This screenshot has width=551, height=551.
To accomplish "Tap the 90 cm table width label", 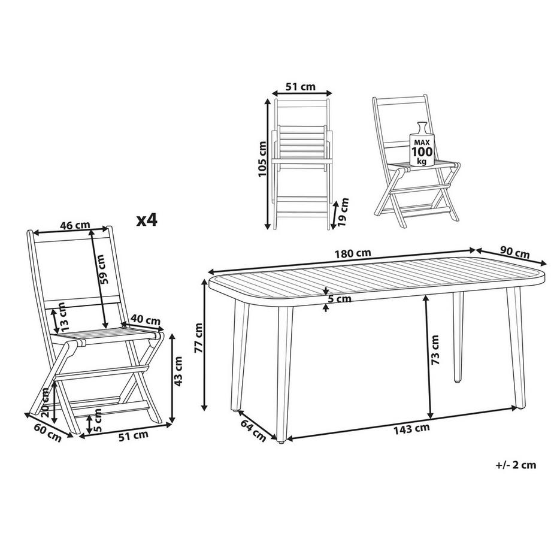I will click(x=514, y=251).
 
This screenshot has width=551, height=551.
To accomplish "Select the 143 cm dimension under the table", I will click(x=413, y=428).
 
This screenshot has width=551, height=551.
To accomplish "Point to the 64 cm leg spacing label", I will click(x=253, y=431).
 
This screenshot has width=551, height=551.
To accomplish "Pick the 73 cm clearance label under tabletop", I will click(x=435, y=350).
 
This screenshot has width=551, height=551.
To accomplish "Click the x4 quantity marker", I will click(x=146, y=220).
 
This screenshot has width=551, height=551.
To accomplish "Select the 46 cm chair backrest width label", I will click(x=75, y=225).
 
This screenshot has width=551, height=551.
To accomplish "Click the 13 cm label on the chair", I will click(x=63, y=318).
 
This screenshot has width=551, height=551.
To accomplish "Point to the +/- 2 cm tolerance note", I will click(x=516, y=464).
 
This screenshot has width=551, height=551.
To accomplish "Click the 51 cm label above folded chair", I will click(x=301, y=87).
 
